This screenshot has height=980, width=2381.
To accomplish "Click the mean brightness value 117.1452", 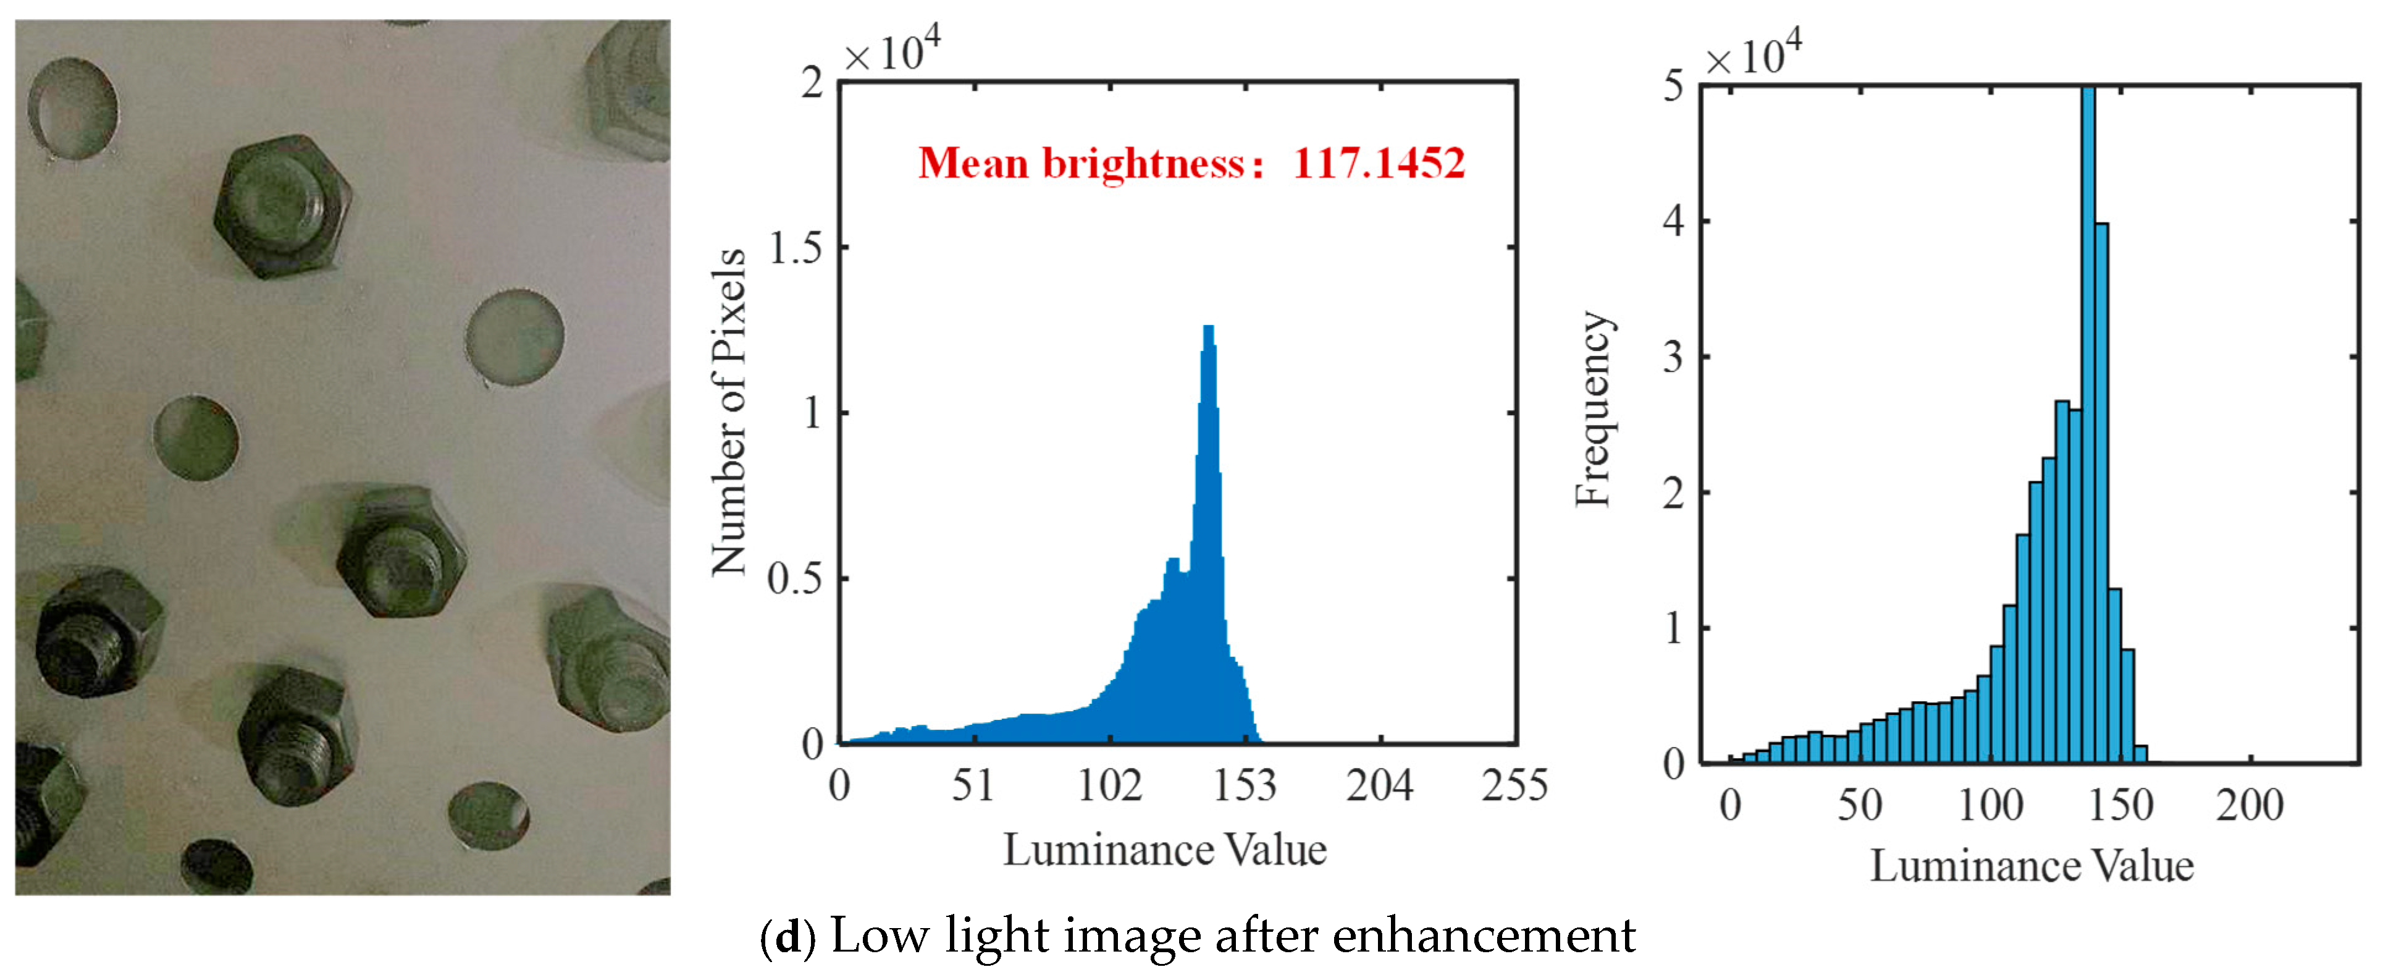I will click(x=1378, y=164).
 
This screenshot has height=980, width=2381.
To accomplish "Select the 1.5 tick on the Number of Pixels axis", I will click(x=796, y=248).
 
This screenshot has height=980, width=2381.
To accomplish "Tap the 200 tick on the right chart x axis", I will click(x=2249, y=805).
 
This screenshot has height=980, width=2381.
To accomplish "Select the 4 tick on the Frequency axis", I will click(x=1673, y=222).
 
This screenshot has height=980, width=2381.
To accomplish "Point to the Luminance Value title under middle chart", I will click(x=1165, y=850).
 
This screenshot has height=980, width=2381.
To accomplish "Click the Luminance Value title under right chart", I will click(x=2031, y=866).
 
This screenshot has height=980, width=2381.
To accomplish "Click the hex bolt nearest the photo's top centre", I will click(x=281, y=206).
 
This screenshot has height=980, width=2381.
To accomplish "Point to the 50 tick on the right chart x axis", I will click(x=1858, y=805).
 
